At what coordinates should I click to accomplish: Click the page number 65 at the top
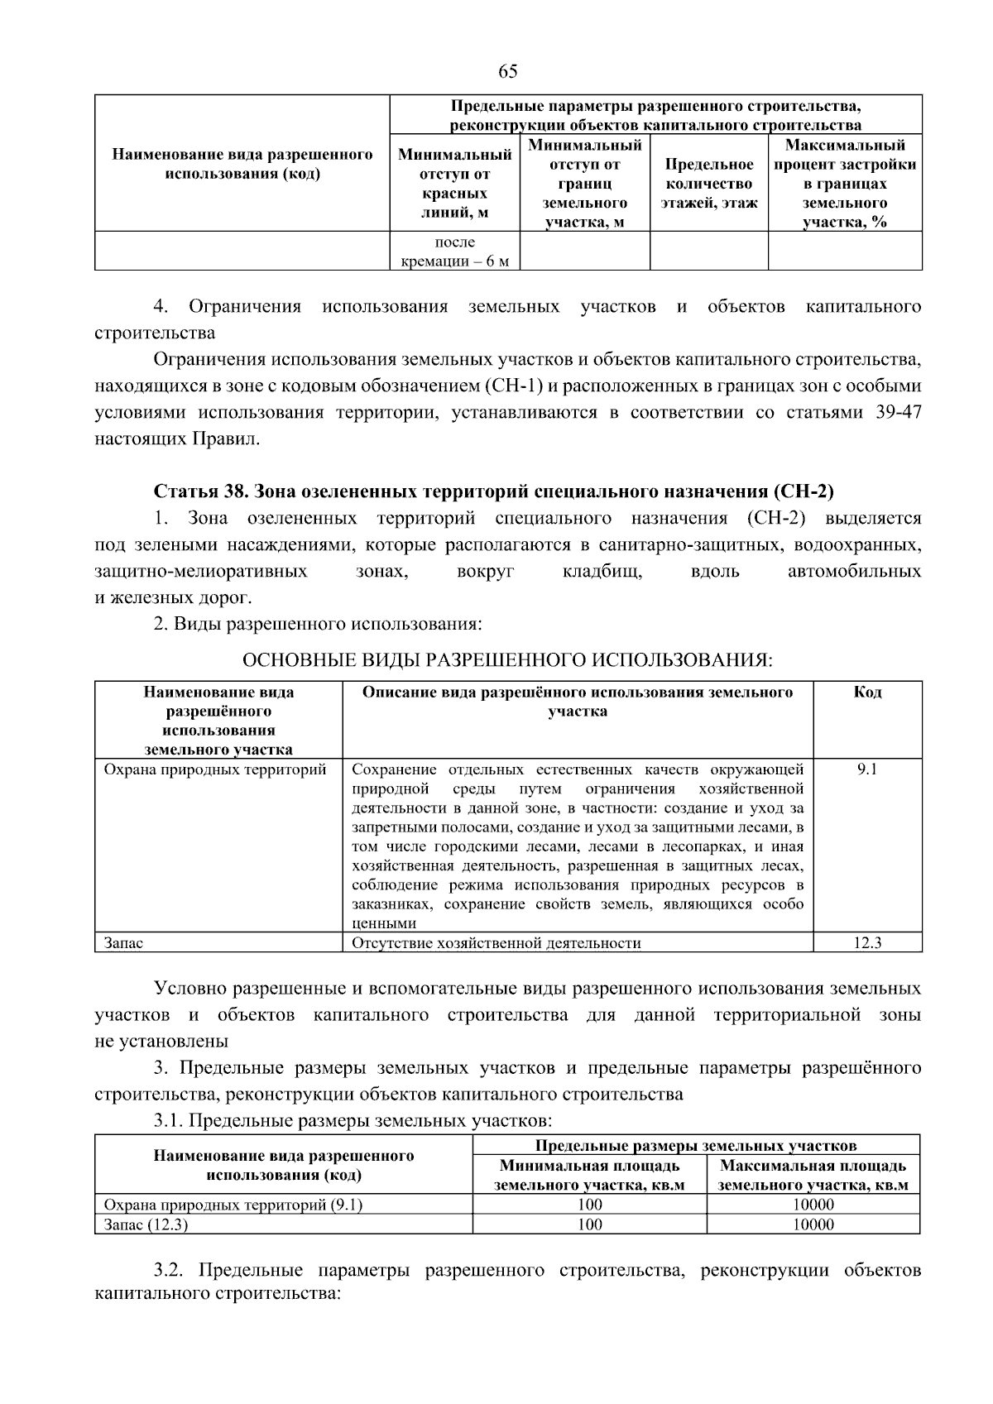(508, 71)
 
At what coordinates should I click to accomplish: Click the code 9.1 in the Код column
(867, 769)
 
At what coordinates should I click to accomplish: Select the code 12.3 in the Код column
(867, 942)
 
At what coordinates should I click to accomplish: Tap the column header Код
(867, 692)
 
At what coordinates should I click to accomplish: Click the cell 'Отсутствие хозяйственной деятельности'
(496, 942)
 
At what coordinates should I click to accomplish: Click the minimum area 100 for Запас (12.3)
(589, 1224)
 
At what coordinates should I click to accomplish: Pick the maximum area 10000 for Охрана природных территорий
(813, 1205)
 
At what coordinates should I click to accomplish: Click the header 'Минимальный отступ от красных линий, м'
(454, 183)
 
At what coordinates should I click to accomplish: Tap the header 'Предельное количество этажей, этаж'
(708, 184)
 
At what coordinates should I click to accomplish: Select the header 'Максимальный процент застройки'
(844, 184)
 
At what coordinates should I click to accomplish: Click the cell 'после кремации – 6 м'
(454, 252)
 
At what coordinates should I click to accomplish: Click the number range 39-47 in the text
(898, 413)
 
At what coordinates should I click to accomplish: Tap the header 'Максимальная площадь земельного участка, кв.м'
(813, 1175)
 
